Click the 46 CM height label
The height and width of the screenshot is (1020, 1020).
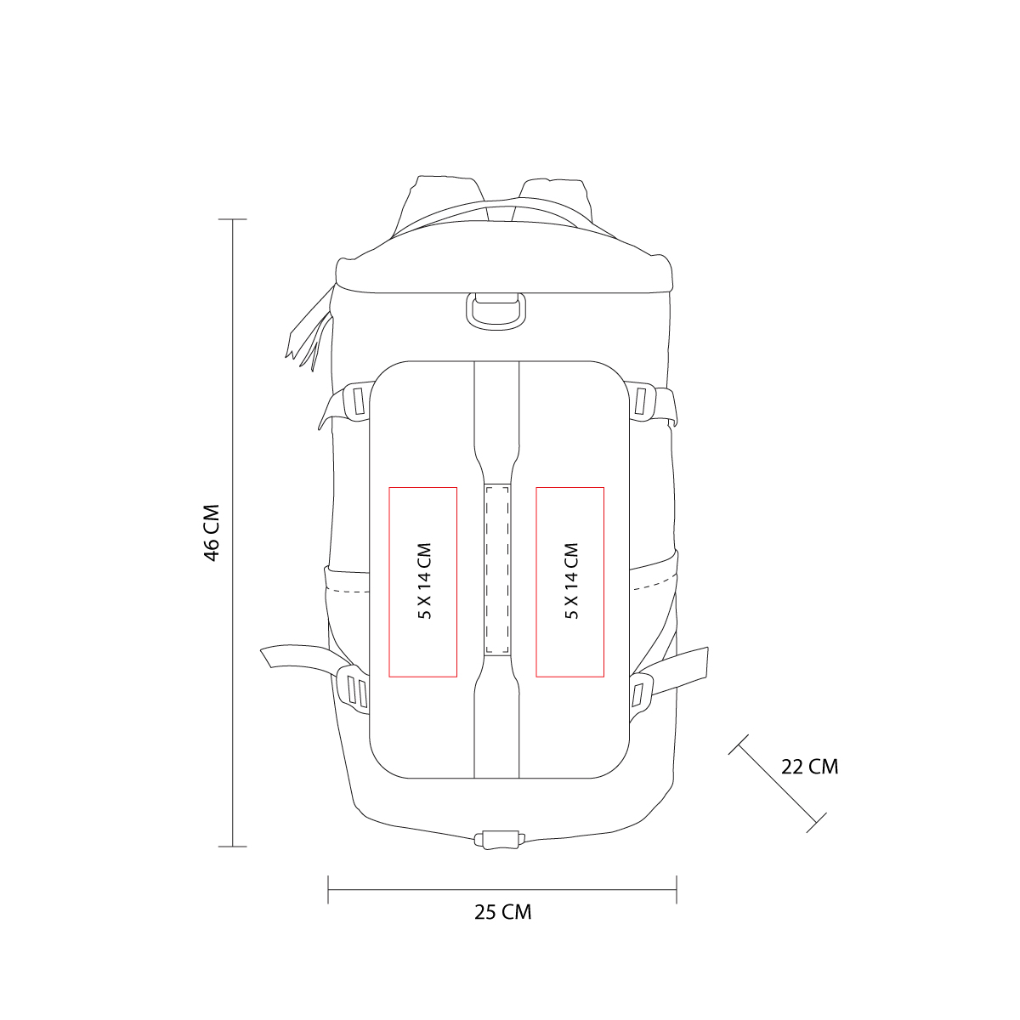tap(212, 533)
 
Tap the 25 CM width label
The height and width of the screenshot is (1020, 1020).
tap(502, 912)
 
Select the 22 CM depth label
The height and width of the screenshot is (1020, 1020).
tap(809, 767)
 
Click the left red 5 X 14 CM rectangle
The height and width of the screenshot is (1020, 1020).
tap(423, 582)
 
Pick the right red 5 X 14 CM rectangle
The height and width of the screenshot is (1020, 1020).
tap(569, 582)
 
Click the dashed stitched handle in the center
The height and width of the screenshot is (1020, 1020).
tap(496, 569)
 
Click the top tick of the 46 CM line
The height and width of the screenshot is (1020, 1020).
tap(233, 219)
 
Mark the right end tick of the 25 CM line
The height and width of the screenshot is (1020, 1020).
tap(677, 890)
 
